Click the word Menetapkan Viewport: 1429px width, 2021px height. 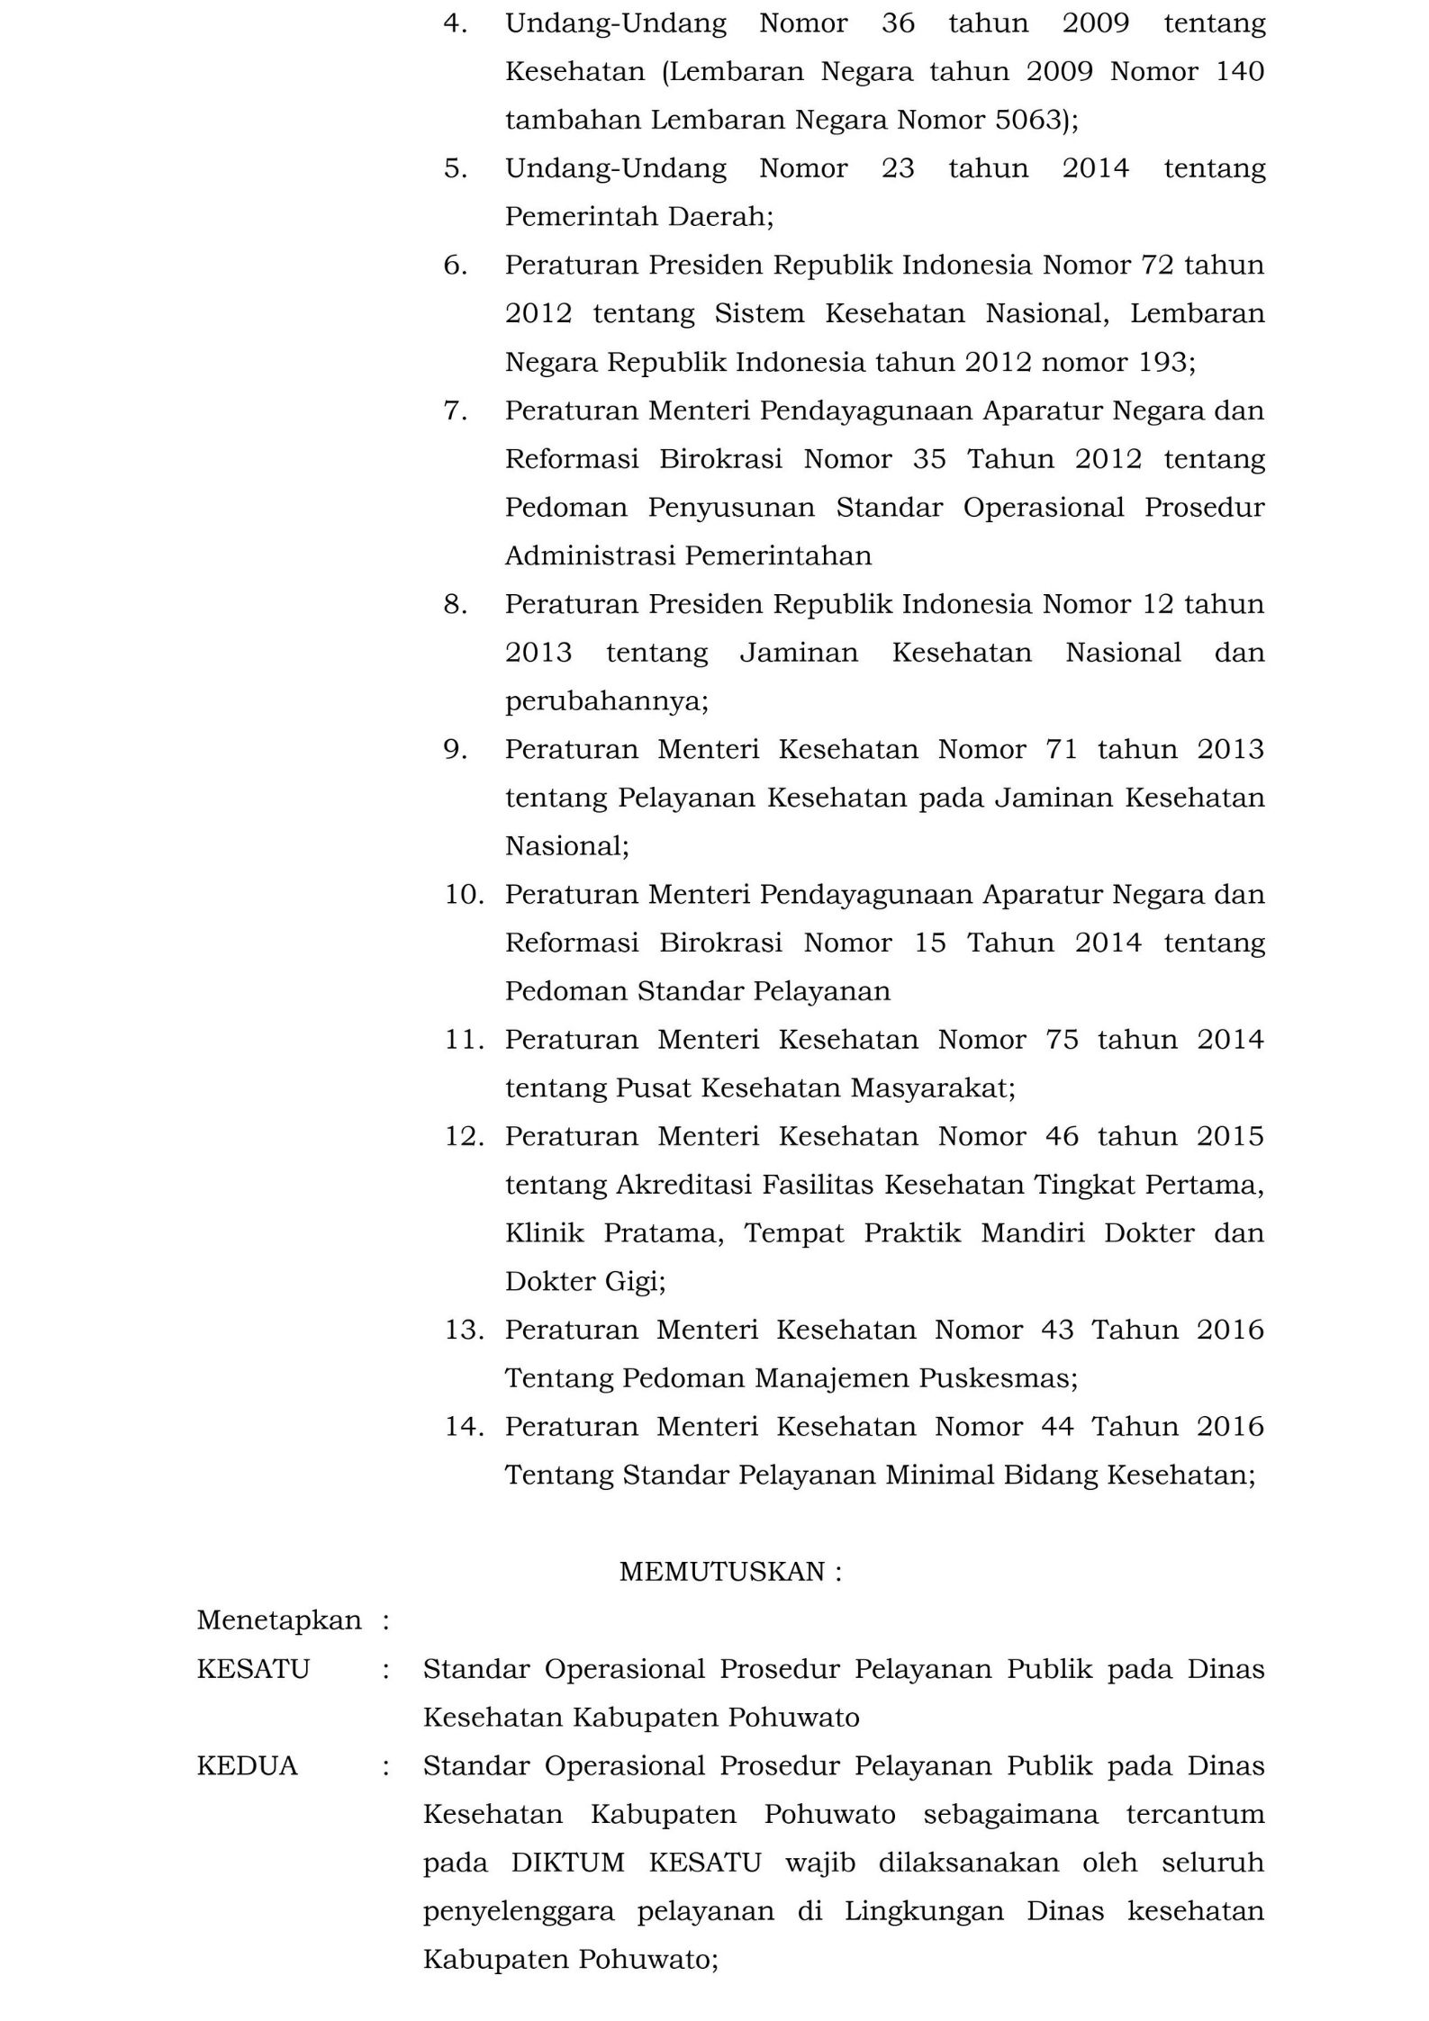point(279,1620)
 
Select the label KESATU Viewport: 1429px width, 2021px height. point(253,1669)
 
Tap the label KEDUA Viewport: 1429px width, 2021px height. point(247,1766)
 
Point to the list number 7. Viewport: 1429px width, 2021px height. point(455,411)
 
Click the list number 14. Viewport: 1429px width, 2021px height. point(464,1427)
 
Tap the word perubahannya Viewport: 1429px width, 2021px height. point(606,701)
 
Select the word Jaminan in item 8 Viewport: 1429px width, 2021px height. point(799,653)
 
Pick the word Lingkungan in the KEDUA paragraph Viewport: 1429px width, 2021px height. point(924,1911)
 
